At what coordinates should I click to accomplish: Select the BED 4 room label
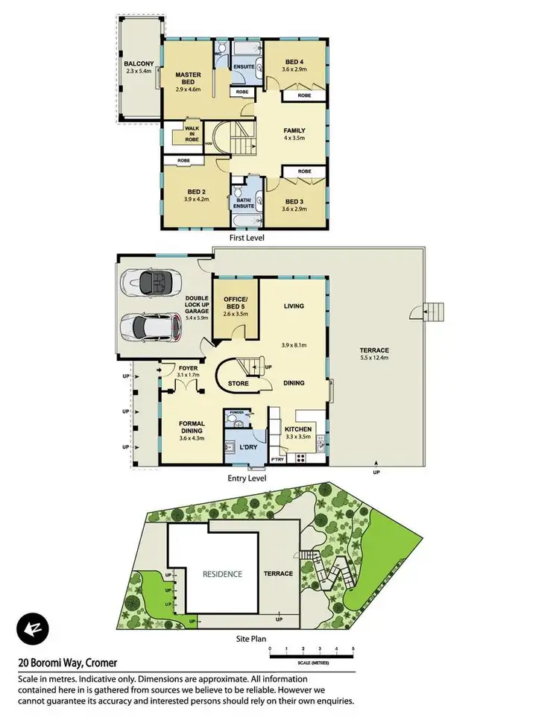pos(294,62)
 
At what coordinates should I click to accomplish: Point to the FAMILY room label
pos(294,130)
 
